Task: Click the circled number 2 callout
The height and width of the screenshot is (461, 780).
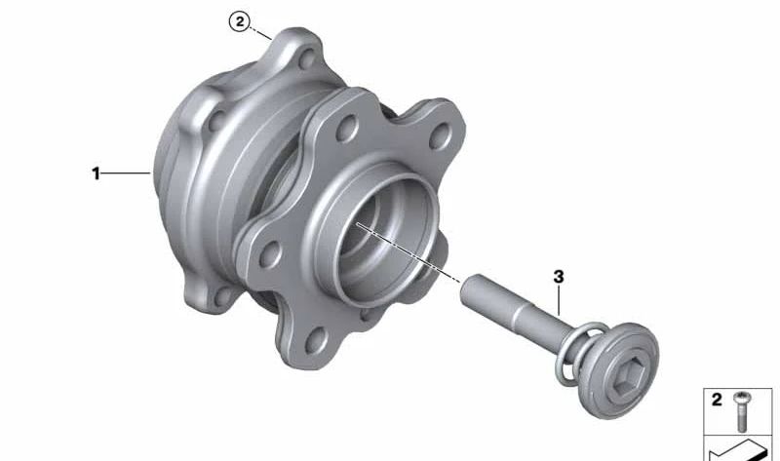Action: (x=240, y=21)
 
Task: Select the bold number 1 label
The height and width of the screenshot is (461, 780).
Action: (x=96, y=173)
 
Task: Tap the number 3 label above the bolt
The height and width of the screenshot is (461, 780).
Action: (x=559, y=277)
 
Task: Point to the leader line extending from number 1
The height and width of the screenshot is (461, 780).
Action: (x=127, y=173)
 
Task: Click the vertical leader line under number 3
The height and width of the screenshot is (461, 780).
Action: (x=559, y=301)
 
